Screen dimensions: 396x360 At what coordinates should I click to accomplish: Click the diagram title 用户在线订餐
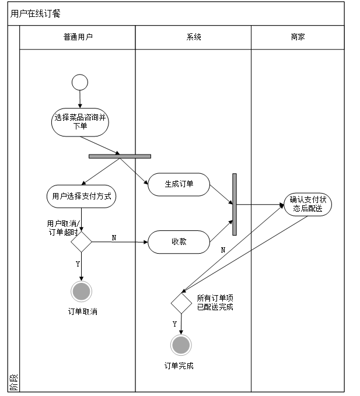click(36, 13)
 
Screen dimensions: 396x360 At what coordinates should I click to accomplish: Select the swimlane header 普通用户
click(78, 37)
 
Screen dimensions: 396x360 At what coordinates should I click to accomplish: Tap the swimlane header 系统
click(194, 37)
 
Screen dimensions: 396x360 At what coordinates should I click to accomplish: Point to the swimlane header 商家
click(298, 37)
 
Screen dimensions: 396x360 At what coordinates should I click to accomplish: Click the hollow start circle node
click(80, 82)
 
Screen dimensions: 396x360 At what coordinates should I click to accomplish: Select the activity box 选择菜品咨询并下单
click(80, 121)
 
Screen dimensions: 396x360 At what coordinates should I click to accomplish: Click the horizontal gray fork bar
click(120, 156)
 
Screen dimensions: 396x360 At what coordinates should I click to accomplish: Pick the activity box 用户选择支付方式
click(81, 197)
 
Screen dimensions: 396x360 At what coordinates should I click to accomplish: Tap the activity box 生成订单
click(179, 184)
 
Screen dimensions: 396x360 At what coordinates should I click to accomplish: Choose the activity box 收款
click(179, 241)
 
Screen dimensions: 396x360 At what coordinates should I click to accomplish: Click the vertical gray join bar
click(235, 204)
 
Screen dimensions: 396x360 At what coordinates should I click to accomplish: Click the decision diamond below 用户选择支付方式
click(81, 241)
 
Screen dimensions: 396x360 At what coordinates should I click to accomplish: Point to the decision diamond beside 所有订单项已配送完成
click(181, 303)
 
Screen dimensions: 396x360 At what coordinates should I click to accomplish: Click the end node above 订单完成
click(181, 345)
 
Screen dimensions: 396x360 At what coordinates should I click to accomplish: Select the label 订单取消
click(82, 311)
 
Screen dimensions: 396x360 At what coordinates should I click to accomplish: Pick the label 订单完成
click(179, 366)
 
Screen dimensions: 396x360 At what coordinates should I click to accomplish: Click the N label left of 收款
click(114, 237)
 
